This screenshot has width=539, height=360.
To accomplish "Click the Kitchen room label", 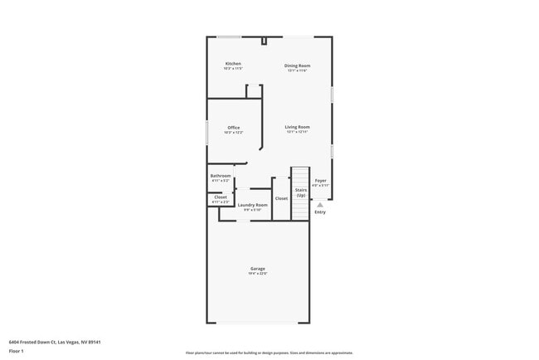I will click(x=233, y=64).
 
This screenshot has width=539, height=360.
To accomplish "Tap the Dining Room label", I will click(x=297, y=66).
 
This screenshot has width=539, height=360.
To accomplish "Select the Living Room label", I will click(x=297, y=127).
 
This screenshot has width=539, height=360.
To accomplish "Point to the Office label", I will click(x=233, y=128).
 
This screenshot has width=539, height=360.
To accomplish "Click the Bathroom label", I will click(x=221, y=176).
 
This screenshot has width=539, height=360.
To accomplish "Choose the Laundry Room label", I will click(x=252, y=205).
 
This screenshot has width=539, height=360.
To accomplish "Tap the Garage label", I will click(x=258, y=269).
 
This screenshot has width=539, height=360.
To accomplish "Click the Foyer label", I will click(x=320, y=180).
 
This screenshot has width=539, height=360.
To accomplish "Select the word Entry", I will click(x=320, y=212).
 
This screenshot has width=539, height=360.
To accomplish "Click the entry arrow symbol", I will click(x=320, y=204).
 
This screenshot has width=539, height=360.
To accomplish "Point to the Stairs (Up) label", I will click(x=301, y=192).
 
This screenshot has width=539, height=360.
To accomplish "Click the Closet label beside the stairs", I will click(x=281, y=198).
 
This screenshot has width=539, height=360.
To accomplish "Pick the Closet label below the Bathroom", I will click(x=221, y=197).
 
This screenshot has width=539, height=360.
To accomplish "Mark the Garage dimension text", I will click(x=258, y=274).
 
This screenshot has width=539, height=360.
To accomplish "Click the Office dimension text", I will click(x=233, y=133).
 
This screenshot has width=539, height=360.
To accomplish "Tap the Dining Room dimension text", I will click(x=297, y=71).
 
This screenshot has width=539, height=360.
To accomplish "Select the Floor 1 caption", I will click(x=17, y=352).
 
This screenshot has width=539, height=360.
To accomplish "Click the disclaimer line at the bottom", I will click(x=269, y=353).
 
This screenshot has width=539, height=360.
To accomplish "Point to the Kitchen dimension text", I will click(x=233, y=69).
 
